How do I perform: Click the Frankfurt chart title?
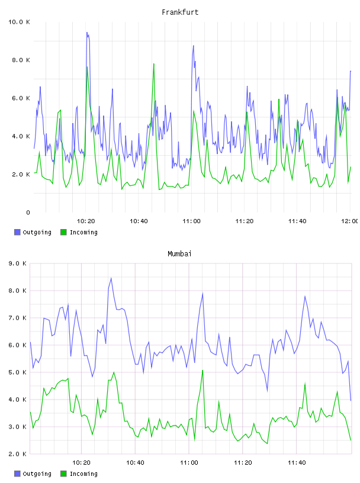[x=180, y=12]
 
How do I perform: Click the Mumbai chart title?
[x=179, y=254]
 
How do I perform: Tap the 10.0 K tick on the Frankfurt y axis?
[x=19, y=22]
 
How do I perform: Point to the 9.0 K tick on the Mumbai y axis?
[x=18, y=263]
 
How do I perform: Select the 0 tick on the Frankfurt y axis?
[x=28, y=212]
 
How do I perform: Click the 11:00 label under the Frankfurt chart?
[x=191, y=221]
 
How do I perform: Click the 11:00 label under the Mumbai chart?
[x=189, y=463]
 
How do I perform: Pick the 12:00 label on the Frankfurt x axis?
[x=349, y=221]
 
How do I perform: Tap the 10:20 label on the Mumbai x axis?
[x=81, y=463]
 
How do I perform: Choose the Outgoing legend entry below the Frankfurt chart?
[x=33, y=232]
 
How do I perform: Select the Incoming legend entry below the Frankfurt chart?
[x=79, y=232]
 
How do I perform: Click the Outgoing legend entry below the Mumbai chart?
[x=33, y=474]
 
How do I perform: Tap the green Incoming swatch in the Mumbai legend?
[x=63, y=474]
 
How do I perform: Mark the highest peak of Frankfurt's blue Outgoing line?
[x=87, y=32]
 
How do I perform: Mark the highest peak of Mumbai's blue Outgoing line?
[x=111, y=278]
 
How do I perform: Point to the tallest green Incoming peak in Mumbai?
[x=202, y=371]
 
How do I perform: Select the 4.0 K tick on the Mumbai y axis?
[x=18, y=400]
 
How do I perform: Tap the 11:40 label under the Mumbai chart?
[x=297, y=463]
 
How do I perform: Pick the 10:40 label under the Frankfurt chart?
[x=139, y=221]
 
